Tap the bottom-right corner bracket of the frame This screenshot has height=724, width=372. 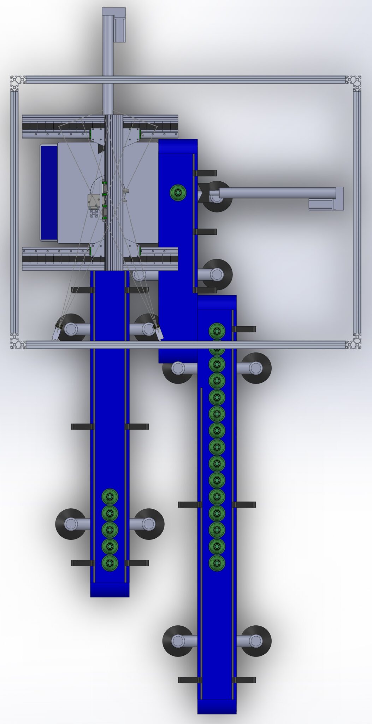[x=354, y=342]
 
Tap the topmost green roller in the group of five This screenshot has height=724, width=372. [x=110, y=497]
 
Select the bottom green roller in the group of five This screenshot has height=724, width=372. [x=110, y=562]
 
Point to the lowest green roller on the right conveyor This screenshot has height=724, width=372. [x=217, y=562]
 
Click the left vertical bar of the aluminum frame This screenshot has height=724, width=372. [x=14, y=212]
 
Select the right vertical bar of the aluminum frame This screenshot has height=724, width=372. [x=357, y=212]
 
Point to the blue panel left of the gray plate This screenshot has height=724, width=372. [x=48, y=193]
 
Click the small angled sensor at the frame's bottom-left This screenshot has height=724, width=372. [x=57, y=333]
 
